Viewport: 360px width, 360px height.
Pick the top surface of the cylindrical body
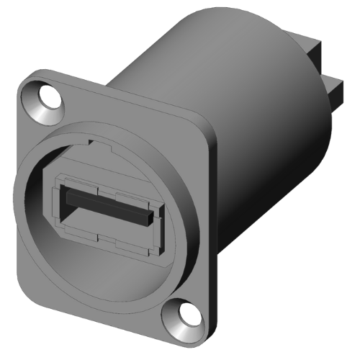[x=216, y=43]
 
